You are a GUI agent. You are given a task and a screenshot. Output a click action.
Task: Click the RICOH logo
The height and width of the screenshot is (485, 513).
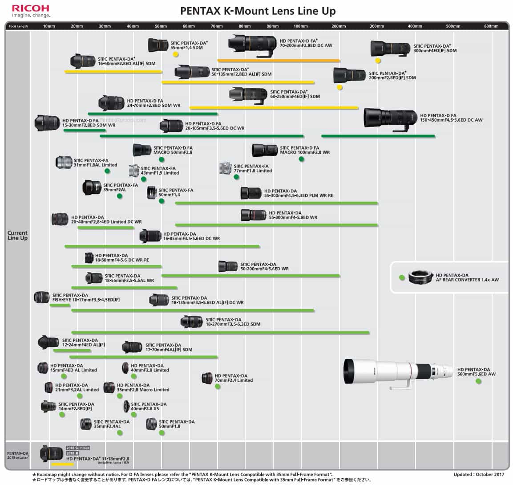tap(31, 8)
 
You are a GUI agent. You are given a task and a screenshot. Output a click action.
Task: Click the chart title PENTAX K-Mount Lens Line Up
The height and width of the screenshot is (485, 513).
tap(258, 11)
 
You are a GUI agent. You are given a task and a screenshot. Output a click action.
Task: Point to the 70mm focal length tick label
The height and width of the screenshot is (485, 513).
tap(217, 26)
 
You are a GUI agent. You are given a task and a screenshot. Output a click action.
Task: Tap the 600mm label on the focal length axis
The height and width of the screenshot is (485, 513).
tap(491, 26)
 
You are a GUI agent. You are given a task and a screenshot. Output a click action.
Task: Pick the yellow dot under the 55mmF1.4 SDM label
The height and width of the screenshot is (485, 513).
tap(176, 54)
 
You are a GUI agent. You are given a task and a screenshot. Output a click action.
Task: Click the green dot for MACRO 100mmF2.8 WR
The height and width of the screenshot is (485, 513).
tap(301, 159)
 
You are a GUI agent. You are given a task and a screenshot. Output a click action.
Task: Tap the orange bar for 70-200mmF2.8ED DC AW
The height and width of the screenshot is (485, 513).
tap(279, 61)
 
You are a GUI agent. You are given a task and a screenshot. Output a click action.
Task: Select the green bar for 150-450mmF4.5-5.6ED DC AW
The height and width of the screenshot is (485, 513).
tap(378, 136)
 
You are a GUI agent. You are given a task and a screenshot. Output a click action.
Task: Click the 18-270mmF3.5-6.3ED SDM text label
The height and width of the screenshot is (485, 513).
tap(233, 322)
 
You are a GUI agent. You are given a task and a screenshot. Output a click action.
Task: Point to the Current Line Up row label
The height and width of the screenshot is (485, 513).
tap(17, 236)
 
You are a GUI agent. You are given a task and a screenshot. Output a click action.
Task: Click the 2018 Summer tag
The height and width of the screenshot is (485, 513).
tap(78, 448)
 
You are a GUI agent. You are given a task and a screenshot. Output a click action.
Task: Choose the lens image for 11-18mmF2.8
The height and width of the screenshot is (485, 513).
tap(51, 453)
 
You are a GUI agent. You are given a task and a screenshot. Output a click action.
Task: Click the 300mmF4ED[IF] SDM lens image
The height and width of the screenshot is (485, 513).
tap(390, 48)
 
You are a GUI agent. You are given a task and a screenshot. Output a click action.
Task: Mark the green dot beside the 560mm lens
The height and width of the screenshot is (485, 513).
tap(478, 381)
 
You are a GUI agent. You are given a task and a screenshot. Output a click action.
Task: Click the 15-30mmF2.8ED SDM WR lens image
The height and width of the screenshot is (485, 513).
tap(47, 122)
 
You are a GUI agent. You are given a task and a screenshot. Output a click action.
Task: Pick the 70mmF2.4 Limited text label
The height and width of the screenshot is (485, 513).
tap(234, 378)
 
